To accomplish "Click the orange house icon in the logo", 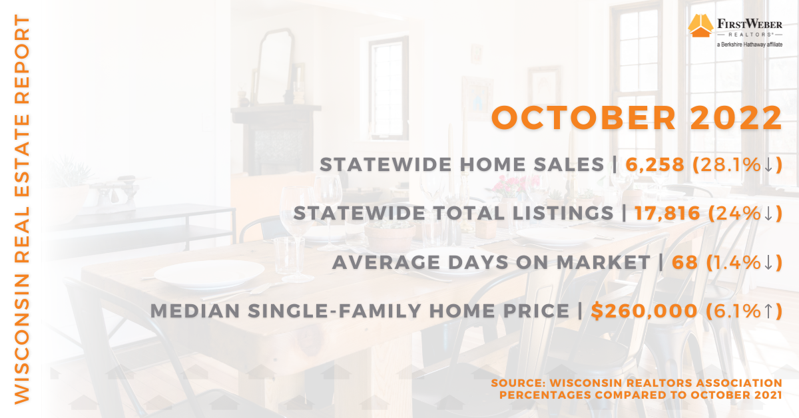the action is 700,25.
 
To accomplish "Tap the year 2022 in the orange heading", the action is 736,118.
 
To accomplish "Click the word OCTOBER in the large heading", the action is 583,118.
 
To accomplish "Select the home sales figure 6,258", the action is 655,165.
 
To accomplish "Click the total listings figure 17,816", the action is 667,213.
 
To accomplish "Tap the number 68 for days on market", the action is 685,262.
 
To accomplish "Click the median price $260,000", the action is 644,311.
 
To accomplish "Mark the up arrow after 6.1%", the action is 768,311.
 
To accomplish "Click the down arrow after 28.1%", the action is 768,165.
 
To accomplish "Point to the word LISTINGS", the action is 563,213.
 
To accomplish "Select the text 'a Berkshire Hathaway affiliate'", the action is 750,45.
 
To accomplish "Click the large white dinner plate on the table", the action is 209,274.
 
